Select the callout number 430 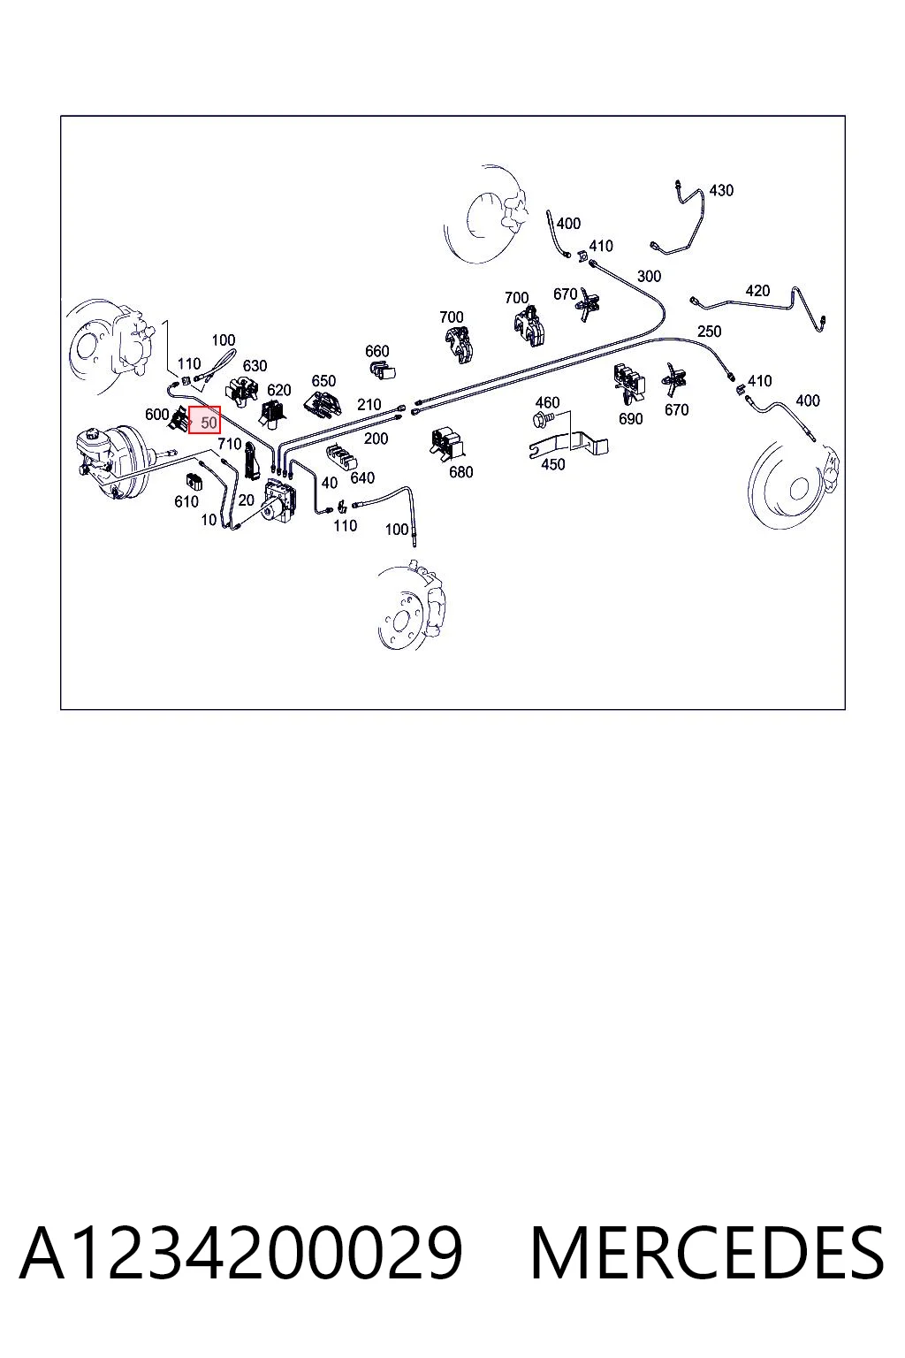coord(720,190)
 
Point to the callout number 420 coord(757,290)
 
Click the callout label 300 coord(649,276)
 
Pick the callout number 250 coord(709,331)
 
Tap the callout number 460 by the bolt coord(547,402)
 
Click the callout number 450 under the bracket coord(552,464)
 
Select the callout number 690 coord(630,418)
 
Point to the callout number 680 coord(460,471)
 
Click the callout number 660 coord(377,351)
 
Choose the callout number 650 coord(323,381)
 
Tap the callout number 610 coord(186,501)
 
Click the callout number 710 coord(230,444)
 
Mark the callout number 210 coord(369,404)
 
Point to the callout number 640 coord(361,477)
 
